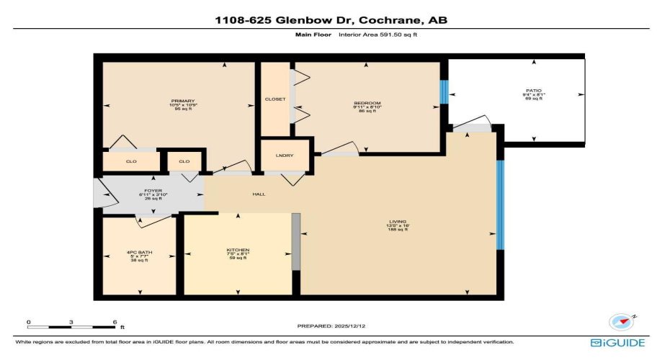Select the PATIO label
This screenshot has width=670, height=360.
[533, 91]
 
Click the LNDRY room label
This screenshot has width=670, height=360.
[285, 156]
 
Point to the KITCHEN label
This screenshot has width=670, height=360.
[238, 250]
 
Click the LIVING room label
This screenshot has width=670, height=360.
[398, 221]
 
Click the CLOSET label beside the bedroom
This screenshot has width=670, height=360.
[275, 99]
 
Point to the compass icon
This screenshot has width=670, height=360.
[620, 321]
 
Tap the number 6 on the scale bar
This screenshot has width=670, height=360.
[114, 322]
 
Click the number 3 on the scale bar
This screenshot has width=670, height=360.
[71, 322]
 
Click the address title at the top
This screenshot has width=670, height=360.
[335, 20]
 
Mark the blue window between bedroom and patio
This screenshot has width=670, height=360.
[444, 90]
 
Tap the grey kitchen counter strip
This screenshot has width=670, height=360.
[295, 241]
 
